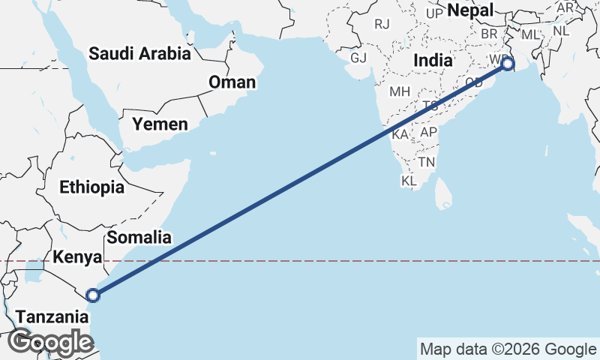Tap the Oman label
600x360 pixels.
232,82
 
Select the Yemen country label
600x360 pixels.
160,124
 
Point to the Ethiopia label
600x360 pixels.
92,187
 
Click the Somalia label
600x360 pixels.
139,238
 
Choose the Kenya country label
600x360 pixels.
78,258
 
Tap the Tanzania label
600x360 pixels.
52,316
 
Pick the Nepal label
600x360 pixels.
470,10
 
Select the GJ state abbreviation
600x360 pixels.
358,58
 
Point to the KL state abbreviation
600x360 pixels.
409,181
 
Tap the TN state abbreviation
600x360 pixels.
427,162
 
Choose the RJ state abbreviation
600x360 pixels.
382,24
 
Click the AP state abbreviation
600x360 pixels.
428,132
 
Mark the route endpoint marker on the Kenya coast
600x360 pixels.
93,295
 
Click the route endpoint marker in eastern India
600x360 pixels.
508,64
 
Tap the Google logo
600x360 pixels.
50,342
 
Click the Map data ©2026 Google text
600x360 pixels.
508,349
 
